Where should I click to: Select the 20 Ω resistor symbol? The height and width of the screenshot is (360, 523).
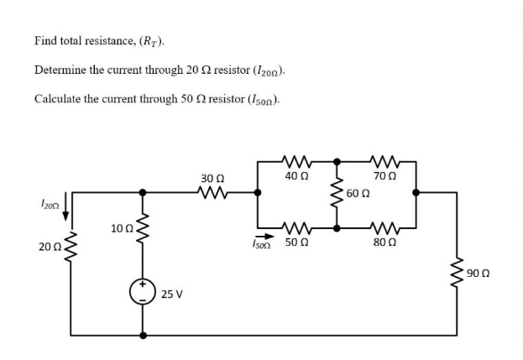click(71, 246)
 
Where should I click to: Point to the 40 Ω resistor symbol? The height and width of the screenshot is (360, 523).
click(295, 159)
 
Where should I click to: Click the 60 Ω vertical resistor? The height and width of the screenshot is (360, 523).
click(337, 194)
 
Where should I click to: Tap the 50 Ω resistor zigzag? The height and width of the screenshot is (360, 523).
click(295, 227)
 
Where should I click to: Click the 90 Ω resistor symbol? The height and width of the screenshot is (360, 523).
click(458, 274)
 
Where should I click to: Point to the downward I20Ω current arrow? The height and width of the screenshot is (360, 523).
click(65, 204)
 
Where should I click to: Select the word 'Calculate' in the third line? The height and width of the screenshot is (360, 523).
click(60, 98)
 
